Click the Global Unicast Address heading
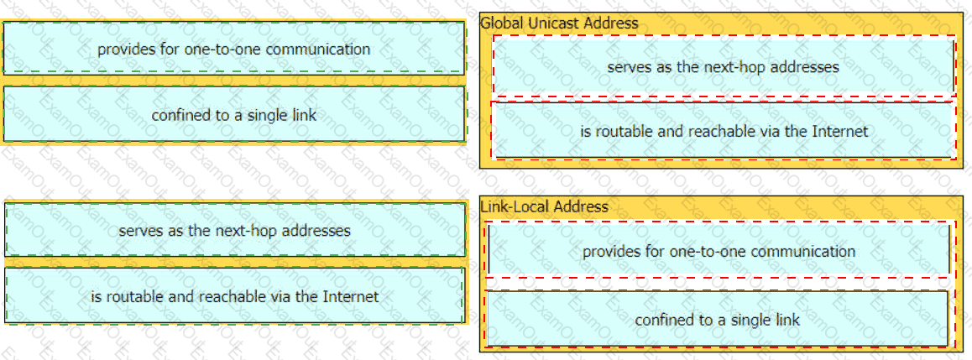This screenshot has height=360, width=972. [559, 23]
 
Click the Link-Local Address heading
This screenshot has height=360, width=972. [544, 206]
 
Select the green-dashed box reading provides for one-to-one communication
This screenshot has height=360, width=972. [234, 49]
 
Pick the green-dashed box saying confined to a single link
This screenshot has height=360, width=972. [234, 115]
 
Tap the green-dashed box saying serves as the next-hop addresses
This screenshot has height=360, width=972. [234, 230]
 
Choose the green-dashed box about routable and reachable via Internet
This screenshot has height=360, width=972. [234, 296]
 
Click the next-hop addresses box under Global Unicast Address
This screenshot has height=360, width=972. [723, 66]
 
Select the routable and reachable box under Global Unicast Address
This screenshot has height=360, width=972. [723, 131]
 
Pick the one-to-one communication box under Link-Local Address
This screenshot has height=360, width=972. [719, 251]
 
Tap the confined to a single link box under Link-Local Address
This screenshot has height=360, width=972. [717, 319]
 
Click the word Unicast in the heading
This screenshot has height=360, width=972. [551, 23]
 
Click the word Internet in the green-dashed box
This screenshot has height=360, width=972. [351, 296]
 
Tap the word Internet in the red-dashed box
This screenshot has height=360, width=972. [840, 131]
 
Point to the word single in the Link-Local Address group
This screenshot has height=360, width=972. [761, 321]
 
